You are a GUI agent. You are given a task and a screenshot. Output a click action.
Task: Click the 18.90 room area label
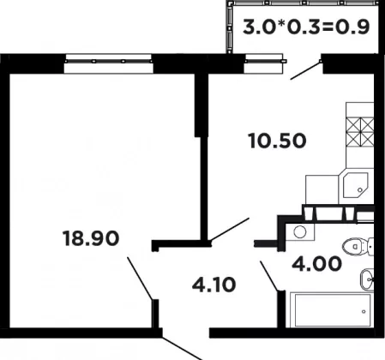coord(91,238)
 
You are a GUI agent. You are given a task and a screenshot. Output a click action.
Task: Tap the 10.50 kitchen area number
coord(278,141)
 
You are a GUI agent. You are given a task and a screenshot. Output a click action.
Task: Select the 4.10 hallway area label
coord(214,285)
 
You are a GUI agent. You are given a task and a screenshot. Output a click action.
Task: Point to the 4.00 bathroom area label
coord(316,263)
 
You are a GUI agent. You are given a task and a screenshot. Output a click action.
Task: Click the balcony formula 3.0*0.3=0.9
coord(306,27)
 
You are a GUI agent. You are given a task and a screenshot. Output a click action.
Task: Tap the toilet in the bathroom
coord(358,246)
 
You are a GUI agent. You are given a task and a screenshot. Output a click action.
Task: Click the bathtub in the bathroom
coord(332,309)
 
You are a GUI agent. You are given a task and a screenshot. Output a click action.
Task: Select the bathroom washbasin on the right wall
coord(367,279)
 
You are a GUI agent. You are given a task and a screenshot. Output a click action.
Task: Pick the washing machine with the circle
coord(300,231)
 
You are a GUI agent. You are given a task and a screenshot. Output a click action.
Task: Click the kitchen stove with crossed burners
coord(360,131)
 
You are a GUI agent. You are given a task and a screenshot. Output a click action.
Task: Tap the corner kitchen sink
coord(355,185)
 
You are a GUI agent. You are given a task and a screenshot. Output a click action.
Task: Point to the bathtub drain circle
coord(364,311)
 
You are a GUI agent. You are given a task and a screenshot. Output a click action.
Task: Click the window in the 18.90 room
coord(109,63)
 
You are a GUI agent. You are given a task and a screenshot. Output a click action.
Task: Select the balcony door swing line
coord(305,70)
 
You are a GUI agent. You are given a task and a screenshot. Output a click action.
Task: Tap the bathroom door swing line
coord(269,276)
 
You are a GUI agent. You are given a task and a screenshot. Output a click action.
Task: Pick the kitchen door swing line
coord(230,230)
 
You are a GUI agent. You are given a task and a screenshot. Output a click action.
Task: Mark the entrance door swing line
coord(182,348)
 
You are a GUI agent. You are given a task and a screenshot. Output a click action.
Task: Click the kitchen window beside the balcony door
coord(265,63)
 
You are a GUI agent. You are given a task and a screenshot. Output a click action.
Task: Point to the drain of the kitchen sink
coord(360,190)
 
